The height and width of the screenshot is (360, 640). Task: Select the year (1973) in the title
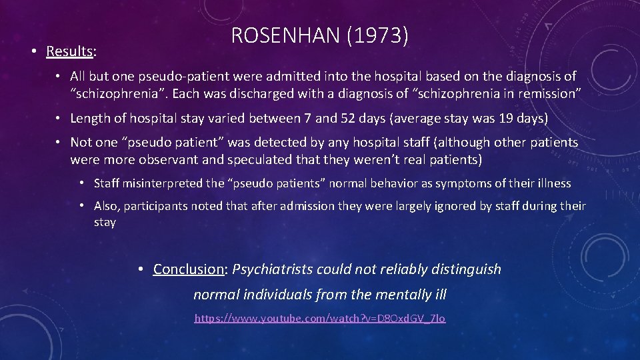pyautogui.click(x=378, y=35)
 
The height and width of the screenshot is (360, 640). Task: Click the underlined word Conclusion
pyautogui.click(x=189, y=269)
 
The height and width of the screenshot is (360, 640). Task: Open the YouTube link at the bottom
pyautogui.click(x=320, y=319)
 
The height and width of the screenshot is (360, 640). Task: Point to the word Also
pyautogui.click(x=106, y=206)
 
